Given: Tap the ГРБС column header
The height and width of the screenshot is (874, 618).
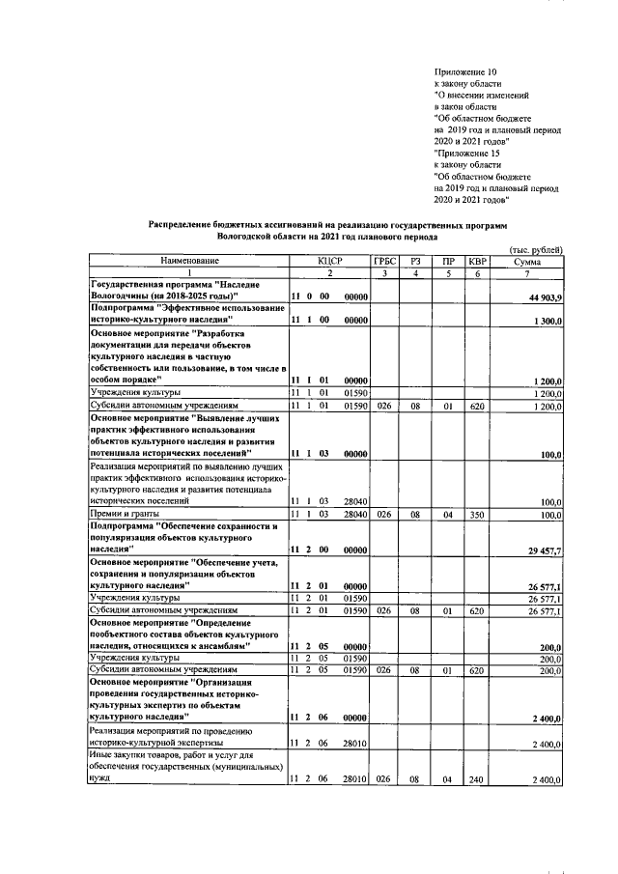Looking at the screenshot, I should pos(383,261).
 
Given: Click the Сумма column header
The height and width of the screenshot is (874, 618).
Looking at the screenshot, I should pos(528,261).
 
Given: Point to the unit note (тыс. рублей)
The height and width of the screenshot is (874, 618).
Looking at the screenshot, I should pos(535,250).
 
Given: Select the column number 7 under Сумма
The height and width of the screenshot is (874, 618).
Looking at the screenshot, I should pos(528,272).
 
